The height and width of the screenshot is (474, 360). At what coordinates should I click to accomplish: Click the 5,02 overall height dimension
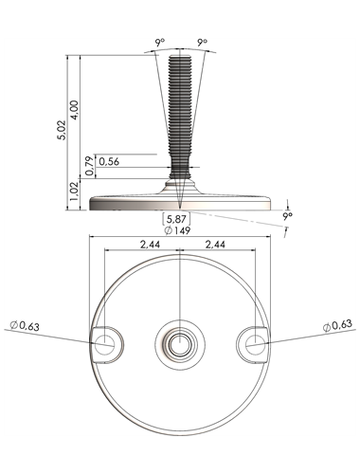coord(62,130)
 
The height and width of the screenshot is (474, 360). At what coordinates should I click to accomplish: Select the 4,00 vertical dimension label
coord(75,110)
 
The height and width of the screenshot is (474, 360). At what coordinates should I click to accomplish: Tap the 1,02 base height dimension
coord(74,191)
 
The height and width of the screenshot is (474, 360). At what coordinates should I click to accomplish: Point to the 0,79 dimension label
coord(90,166)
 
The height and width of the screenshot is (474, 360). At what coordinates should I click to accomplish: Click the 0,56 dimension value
coord(109,162)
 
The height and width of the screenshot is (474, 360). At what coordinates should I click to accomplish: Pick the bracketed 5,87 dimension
coord(176,218)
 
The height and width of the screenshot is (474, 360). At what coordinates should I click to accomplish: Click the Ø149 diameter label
coord(177,230)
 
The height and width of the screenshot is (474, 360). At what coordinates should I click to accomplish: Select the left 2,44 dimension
coord(150,245)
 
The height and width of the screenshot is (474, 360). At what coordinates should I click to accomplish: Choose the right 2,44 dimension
coord(215,245)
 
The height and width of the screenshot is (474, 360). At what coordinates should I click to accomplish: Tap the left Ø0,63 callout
coord(25,326)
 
